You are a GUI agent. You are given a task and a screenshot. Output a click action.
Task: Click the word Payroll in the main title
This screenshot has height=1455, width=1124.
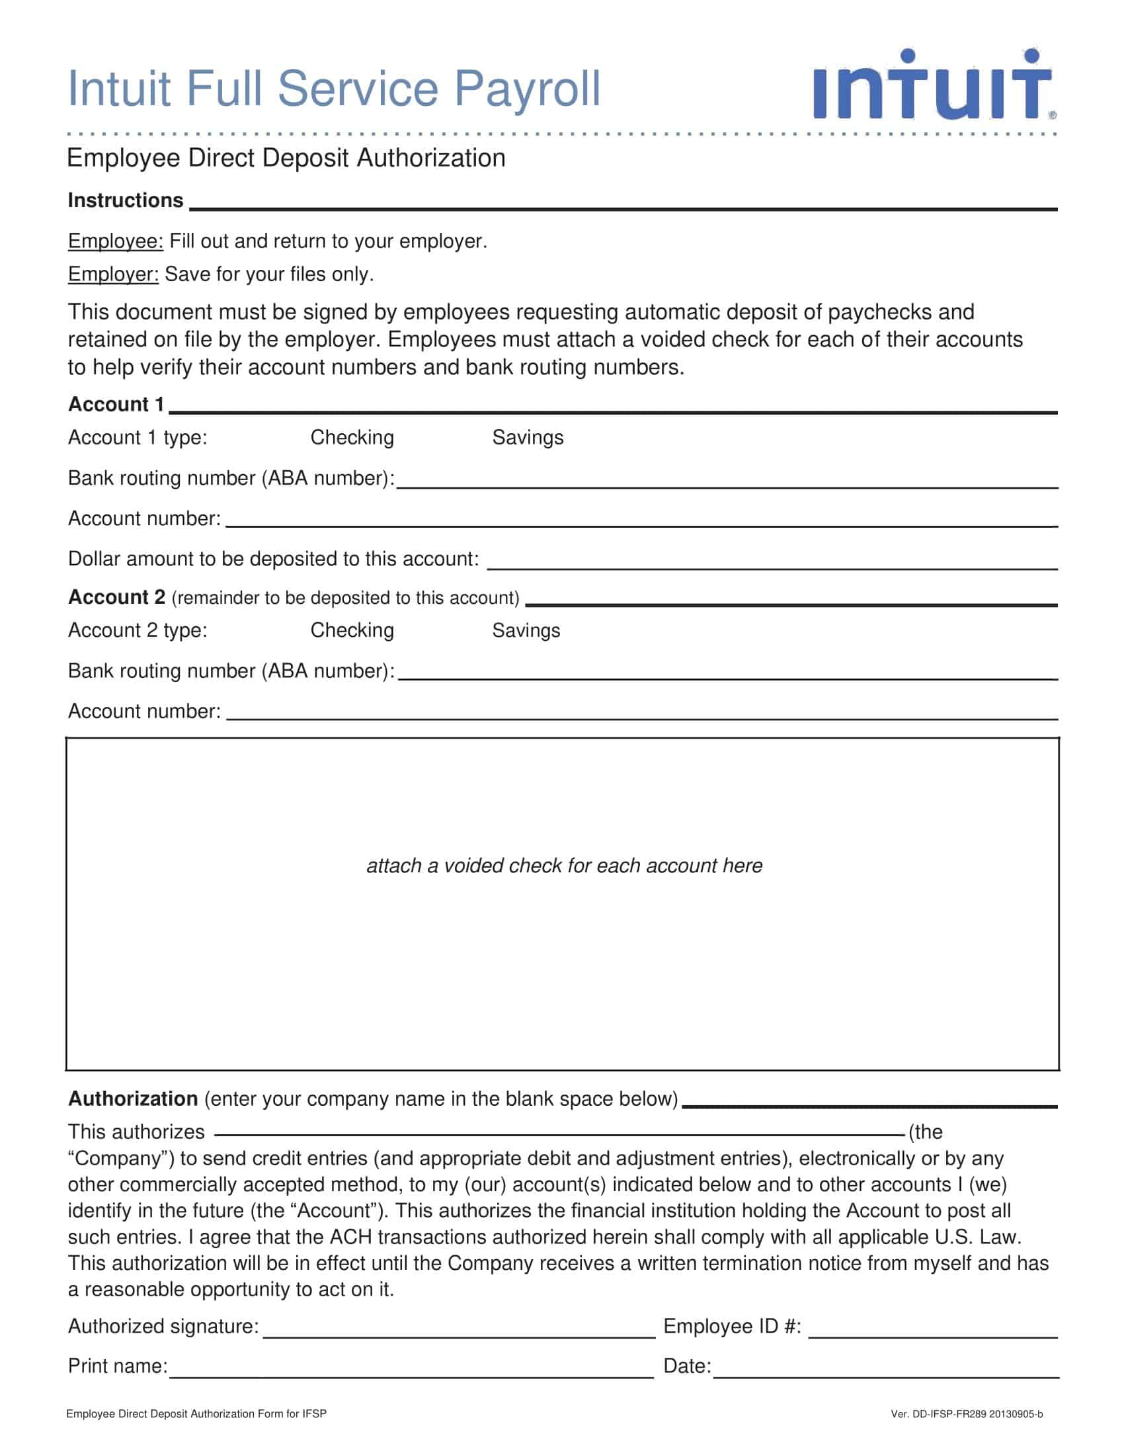pos(527,89)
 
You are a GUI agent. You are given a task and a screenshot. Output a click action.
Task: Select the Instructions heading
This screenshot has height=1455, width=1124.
pos(125,200)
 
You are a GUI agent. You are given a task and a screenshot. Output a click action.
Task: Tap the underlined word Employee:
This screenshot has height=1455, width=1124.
pos(115,241)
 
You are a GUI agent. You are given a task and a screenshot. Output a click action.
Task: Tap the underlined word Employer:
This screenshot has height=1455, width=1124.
pos(113,274)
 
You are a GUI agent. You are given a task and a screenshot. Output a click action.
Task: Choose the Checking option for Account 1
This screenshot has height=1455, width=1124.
pos(352,438)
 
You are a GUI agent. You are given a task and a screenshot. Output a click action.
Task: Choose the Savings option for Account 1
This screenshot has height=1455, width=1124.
pos(528,438)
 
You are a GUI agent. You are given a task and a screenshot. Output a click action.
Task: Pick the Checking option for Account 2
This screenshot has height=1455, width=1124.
pos(352,630)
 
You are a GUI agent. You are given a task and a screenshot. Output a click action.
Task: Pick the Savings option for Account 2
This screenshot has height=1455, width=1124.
pos(526,630)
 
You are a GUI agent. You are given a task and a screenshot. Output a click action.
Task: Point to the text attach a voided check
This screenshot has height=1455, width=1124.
pos(564,866)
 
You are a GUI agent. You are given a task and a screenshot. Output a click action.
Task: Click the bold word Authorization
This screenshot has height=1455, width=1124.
pos(132,1099)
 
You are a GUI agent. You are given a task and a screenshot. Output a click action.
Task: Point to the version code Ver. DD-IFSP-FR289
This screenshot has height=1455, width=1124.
pos(966,1415)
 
